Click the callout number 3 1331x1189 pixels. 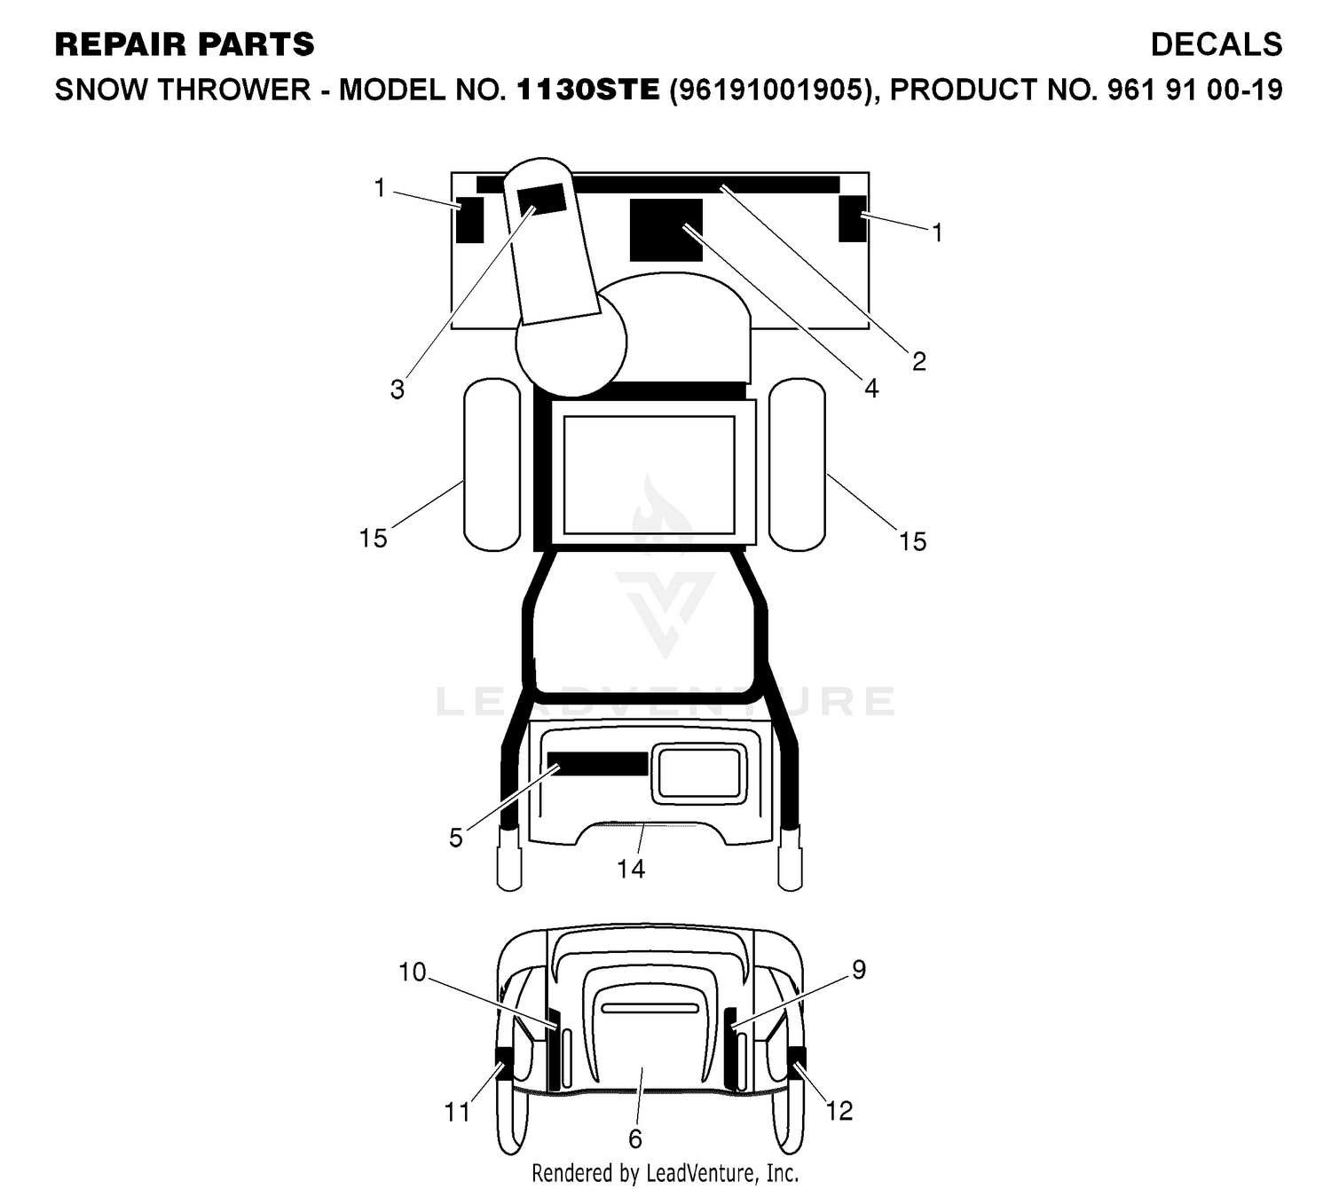(x=397, y=390)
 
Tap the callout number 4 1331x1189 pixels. (x=871, y=389)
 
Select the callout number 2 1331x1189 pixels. (x=918, y=361)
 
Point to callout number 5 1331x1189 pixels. (x=456, y=838)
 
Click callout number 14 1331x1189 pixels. (x=631, y=869)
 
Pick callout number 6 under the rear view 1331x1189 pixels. (x=634, y=1138)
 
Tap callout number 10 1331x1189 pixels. (x=413, y=972)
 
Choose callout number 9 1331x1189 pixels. (x=859, y=969)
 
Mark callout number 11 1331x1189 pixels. (x=457, y=1112)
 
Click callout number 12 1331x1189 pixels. (x=839, y=1111)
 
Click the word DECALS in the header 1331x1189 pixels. (x=1216, y=44)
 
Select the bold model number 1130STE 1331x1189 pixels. (x=588, y=90)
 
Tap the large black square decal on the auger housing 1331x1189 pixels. (x=665, y=229)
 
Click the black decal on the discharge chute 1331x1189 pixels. (x=541, y=199)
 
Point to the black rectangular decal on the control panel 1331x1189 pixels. (x=597, y=763)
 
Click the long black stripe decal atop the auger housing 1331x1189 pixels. (x=658, y=184)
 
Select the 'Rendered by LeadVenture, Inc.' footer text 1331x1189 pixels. (x=665, y=1172)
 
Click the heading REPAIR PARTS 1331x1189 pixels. (x=185, y=44)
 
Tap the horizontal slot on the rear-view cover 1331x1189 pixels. (x=650, y=1008)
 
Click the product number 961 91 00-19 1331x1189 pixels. (x=1194, y=90)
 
